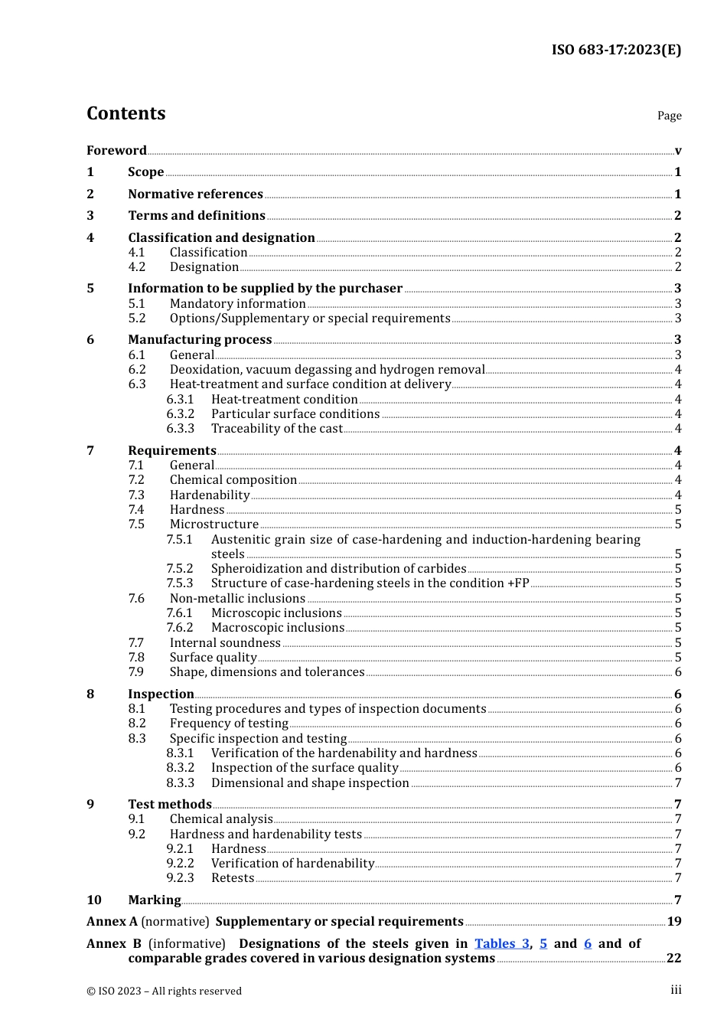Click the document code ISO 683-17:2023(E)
click(x=616, y=50)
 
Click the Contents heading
click(x=126, y=113)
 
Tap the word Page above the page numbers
click(x=669, y=116)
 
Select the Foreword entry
click(x=116, y=150)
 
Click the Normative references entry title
click(x=195, y=194)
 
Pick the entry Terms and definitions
click(x=197, y=215)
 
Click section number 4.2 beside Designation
click(x=137, y=266)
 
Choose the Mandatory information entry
click(x=237, y=303)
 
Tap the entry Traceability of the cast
click(x=276, y=428)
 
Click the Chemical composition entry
click(x=233, y=479)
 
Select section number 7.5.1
click(x=180, y=539)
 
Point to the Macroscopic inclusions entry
click(x=277, y=627)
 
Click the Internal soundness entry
click(x=225, y=642)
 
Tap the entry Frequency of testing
click(x=229, y=723)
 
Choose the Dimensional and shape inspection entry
click(x=310, y=782)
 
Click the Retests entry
click(x=233, y=877)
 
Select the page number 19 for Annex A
click(x=673, y=921)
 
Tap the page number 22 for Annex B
click(x=673, y=958)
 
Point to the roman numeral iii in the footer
click(x=676, y=990)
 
